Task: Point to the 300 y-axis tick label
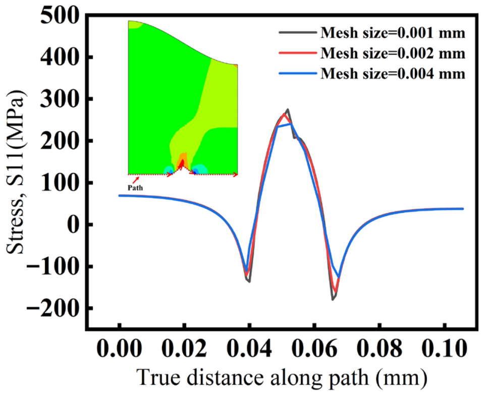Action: [60, 99]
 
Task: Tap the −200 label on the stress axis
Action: [52, 308]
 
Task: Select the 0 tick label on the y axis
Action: [72, 225]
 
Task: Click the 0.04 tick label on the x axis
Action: [249, 349]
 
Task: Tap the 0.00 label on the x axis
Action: [119, 349]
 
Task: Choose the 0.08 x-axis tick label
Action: [379, 349]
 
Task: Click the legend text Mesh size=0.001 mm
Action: [393, 33]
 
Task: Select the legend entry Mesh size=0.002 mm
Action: [393, 53]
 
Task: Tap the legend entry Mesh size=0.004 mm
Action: [393, 74]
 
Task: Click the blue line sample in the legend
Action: [298, 73]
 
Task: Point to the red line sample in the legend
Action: [298, 52]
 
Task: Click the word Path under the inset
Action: [135, 188]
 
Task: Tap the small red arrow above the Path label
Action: [136, 180]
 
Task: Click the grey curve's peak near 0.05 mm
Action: [288, 109]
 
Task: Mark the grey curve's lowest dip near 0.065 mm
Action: [333, 300]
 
